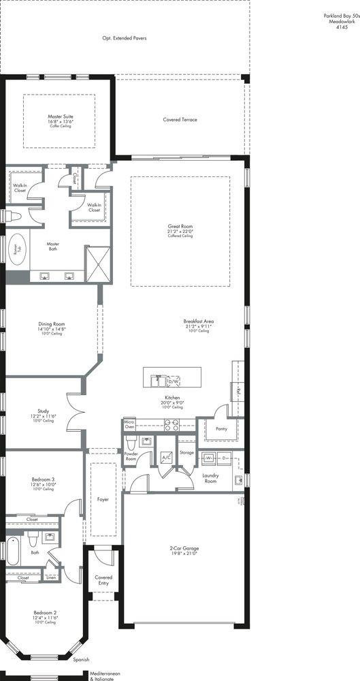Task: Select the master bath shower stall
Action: click(x=97, y=264)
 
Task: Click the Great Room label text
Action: click(x=180, y=226)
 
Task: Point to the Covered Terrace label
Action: click(x=180, y=120)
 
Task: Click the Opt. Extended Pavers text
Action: click(x=126, y=38)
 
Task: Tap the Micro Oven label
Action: click(x=129, y=425)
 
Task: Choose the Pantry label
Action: click(x=220, y=429)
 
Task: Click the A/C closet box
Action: click(x=165, y=458)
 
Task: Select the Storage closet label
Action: click(x=186, y=452)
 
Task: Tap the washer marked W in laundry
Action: click(x=210, y=458)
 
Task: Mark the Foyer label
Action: click(x=103, y=499)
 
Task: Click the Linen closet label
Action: click(x=52, y=576)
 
